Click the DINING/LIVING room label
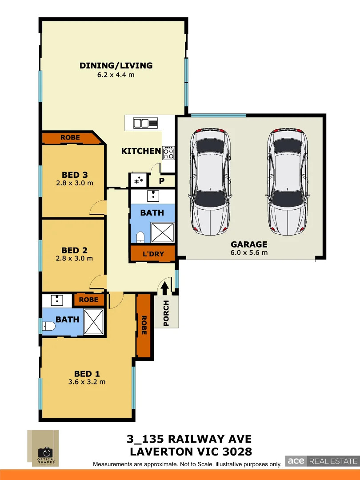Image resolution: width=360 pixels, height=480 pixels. (x=116, y=66)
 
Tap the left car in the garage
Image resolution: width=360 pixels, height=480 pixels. (x=210, y=182)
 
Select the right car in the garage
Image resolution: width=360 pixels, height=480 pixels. (x=288, y=182)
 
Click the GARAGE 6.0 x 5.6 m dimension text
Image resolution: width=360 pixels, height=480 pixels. (x=249, y=253)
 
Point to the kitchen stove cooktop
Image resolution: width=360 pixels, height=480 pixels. (x=168, y=153)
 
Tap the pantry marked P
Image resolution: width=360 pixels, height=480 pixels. (x=162, y=180)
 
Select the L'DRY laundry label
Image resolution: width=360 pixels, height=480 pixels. (x=153, y=254)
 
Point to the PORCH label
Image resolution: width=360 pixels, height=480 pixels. (x=166, y=314)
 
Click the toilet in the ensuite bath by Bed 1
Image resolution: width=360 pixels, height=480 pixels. (x=48, y=327)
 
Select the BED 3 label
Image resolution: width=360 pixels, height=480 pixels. (x=74, y=175)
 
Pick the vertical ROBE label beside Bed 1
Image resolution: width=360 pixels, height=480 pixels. (x=144, y=325)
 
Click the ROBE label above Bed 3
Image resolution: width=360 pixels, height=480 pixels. (x=70, y=138)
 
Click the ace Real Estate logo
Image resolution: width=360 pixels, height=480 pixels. (x=321, y=461)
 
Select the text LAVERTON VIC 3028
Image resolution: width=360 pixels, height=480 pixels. (x=191, y=452)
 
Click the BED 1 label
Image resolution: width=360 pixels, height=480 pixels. (x=87, y=374)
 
